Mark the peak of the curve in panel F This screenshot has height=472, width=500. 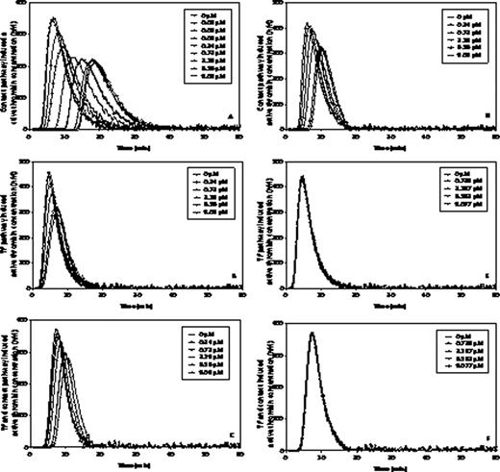[311, 333]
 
